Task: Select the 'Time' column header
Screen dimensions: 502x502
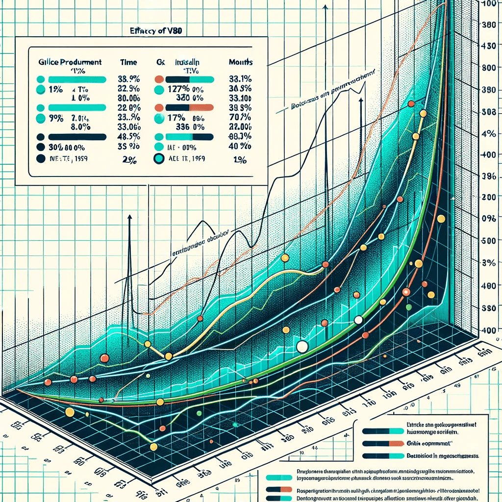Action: click(x=128, y=62)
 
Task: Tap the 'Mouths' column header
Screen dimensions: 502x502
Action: click(x=241, y=62)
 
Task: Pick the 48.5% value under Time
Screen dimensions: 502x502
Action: click(x=129, y=137)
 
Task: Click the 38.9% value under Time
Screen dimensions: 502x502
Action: click(x=129, y=79)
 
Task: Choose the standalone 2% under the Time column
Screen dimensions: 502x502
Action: click(x=129, y=158)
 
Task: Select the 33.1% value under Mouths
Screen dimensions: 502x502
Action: click(x=240, y=79)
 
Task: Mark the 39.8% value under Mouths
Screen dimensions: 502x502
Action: click(x=240, y=108)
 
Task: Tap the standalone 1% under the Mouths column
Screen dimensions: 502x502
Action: click(x=240, y=158)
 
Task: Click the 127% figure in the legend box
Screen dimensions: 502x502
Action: click(x=178, y=89)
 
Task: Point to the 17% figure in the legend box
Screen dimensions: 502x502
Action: click(x=176, y=118)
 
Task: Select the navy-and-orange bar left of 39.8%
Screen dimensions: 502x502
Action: click(x=189, y=108)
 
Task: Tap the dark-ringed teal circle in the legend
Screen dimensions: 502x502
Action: click(x=158, y=158)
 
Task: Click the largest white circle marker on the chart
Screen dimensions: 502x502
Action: click(x=302, y=347)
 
